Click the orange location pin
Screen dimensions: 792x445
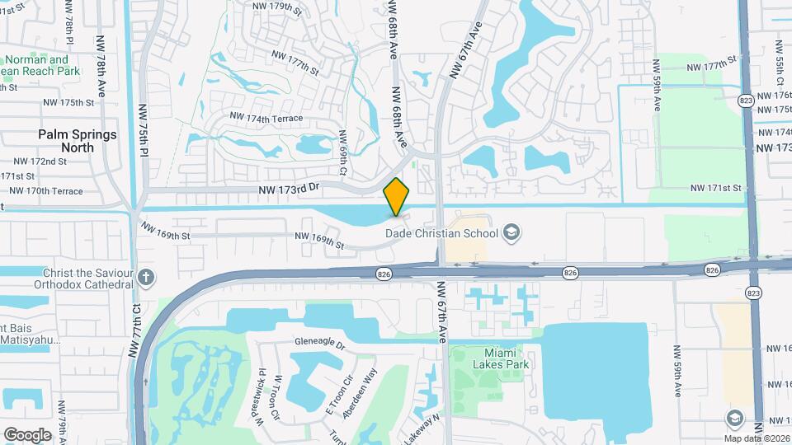(x=397, y=197)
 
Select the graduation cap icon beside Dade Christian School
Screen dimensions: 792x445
(x=511, y=232)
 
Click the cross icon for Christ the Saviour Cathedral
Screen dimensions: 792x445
(x=146, y=277)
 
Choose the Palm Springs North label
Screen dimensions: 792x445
(x=77, y=140)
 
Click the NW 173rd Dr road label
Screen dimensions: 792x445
(x=288, y=189)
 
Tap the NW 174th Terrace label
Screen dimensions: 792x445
(x=266, y=119)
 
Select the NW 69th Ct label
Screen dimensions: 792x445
(x=343, y=152)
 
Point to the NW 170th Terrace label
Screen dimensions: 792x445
(x=43, y=191)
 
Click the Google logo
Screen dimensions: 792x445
(x=27, y=434)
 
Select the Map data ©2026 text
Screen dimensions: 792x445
(x=756, y=438)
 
